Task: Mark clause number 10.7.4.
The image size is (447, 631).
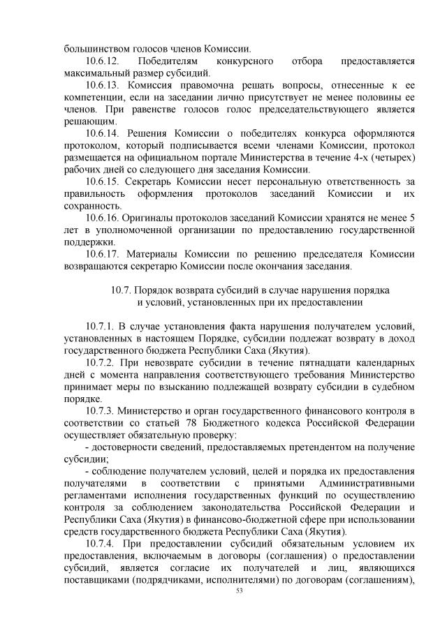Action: click(101, 544)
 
